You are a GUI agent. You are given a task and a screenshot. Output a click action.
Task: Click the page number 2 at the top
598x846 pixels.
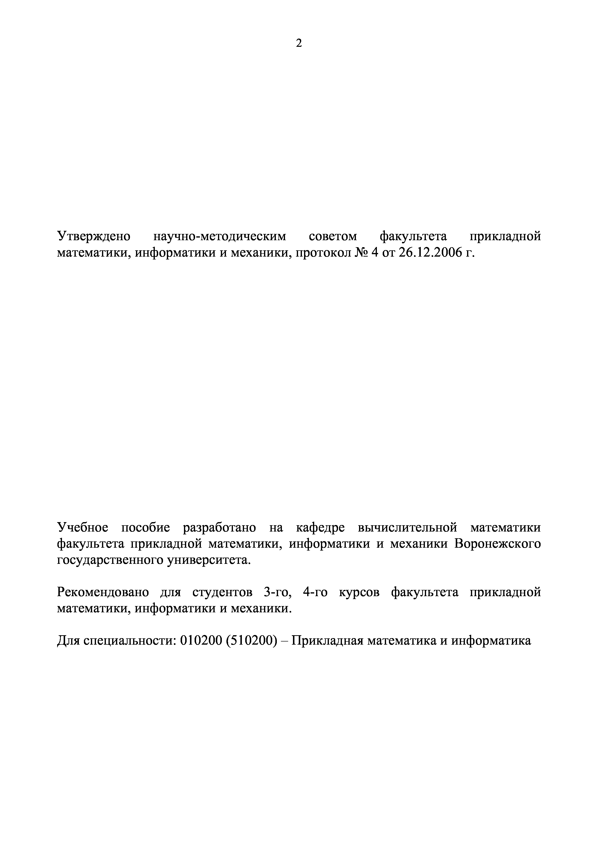click(x=299, y=43)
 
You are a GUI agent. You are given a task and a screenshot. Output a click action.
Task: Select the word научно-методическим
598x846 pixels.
click(x=220, y=236)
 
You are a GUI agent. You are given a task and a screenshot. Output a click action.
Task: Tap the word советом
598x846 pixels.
click(x=333, y=236)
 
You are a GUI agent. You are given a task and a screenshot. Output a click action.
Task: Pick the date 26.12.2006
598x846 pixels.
click(x=430, y=253)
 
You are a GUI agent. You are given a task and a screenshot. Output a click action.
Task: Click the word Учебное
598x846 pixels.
click(x=82, y=528)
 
